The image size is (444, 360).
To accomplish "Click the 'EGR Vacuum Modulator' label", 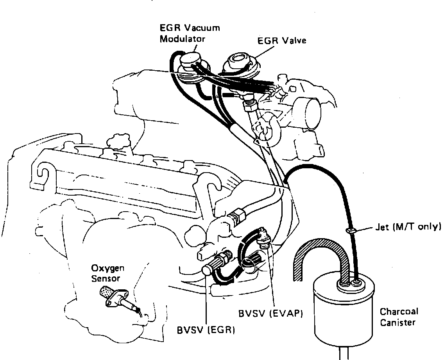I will [x=190, y=33].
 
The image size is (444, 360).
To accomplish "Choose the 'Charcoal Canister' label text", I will [x=399, y=317].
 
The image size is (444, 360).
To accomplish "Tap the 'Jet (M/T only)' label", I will [x=407, y=226].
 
